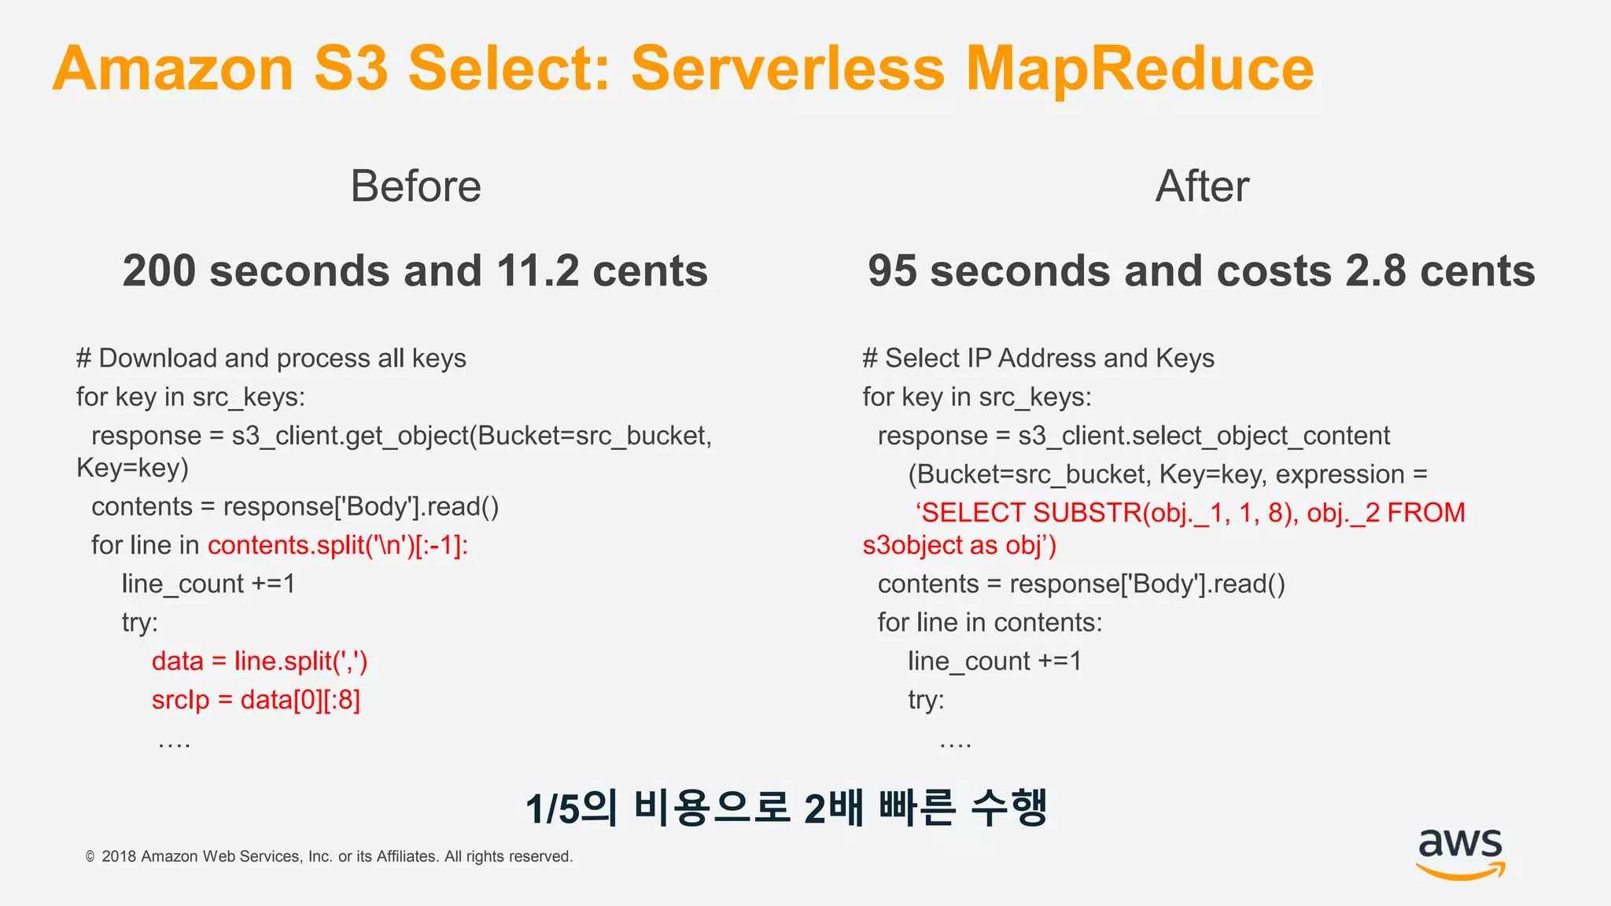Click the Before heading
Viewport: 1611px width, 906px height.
(415, 186)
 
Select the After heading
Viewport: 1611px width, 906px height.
(1201, 186)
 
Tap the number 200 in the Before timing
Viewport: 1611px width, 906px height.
(159, 271)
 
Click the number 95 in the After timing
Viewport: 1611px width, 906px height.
(892, 271)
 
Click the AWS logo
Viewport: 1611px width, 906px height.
(1460, 853)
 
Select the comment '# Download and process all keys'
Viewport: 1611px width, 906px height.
(271, 359)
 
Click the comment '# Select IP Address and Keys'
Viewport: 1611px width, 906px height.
(1038, 359)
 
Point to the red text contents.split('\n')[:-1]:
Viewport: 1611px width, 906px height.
(337, 545)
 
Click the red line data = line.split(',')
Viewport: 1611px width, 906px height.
(260, 661)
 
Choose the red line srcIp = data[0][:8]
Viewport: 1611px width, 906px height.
(256, 700)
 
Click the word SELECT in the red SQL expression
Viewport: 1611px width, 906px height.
(973, 513)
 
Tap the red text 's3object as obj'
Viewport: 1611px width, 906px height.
(958, 545)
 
